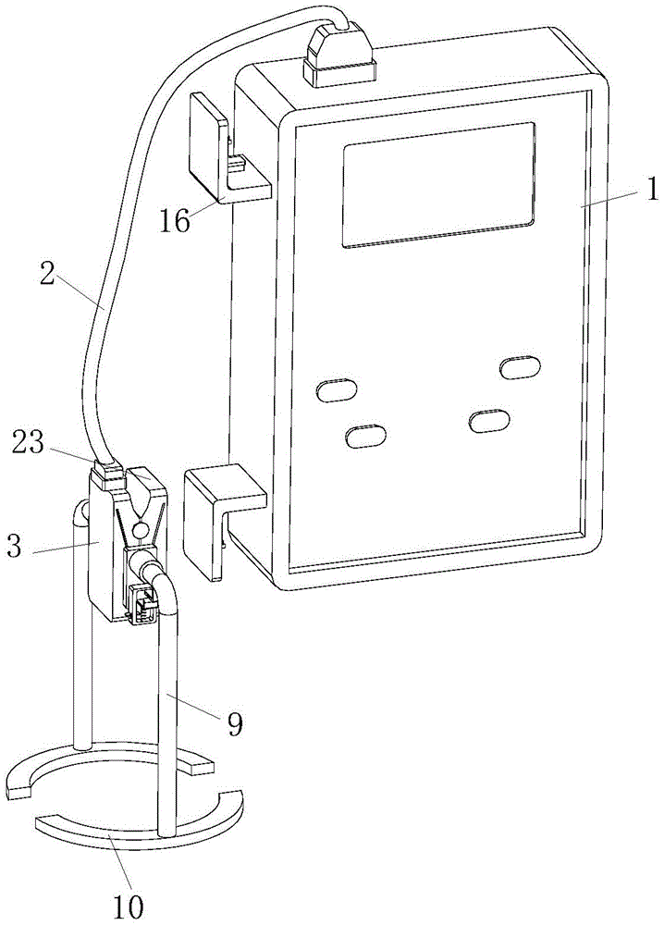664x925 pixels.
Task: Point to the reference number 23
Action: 28,442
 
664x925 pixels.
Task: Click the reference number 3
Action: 14,545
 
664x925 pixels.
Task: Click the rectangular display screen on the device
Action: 438,183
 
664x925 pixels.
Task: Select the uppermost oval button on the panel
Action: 520,367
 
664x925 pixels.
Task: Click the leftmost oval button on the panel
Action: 337,390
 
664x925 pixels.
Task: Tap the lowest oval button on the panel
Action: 365,436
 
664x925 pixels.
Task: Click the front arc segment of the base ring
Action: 139,819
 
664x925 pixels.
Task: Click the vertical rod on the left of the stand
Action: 82,625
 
